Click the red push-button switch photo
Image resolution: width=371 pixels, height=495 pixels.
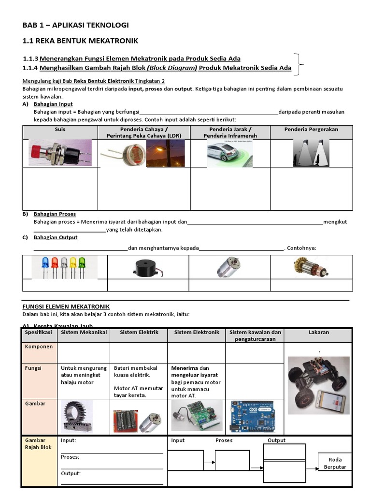pos(60,153)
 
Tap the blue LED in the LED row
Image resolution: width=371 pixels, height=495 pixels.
pos(45,265)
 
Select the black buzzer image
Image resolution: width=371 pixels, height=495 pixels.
pos(148,267)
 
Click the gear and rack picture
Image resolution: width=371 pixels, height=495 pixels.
pos(78,416)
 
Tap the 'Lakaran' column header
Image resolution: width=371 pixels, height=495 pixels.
pos(318,332)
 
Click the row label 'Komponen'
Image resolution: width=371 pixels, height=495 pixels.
pos(39,347)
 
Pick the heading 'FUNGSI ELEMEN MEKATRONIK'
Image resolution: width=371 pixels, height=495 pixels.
pos(66,306)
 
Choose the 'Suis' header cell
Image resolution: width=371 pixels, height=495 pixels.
pos(60,130)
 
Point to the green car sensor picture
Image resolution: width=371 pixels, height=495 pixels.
pos(230,154)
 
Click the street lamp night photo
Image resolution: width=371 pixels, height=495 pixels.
pos(165,153)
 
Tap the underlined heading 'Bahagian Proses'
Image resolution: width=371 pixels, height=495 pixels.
pos(55,214)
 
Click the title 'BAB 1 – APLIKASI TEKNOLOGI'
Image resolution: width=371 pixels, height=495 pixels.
pos(76,25)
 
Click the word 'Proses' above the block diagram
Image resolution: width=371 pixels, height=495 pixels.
pos(224,440)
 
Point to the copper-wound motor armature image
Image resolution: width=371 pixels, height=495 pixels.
pos(310,266)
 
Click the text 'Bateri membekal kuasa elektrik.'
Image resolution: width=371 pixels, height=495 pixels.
pos(132,371)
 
